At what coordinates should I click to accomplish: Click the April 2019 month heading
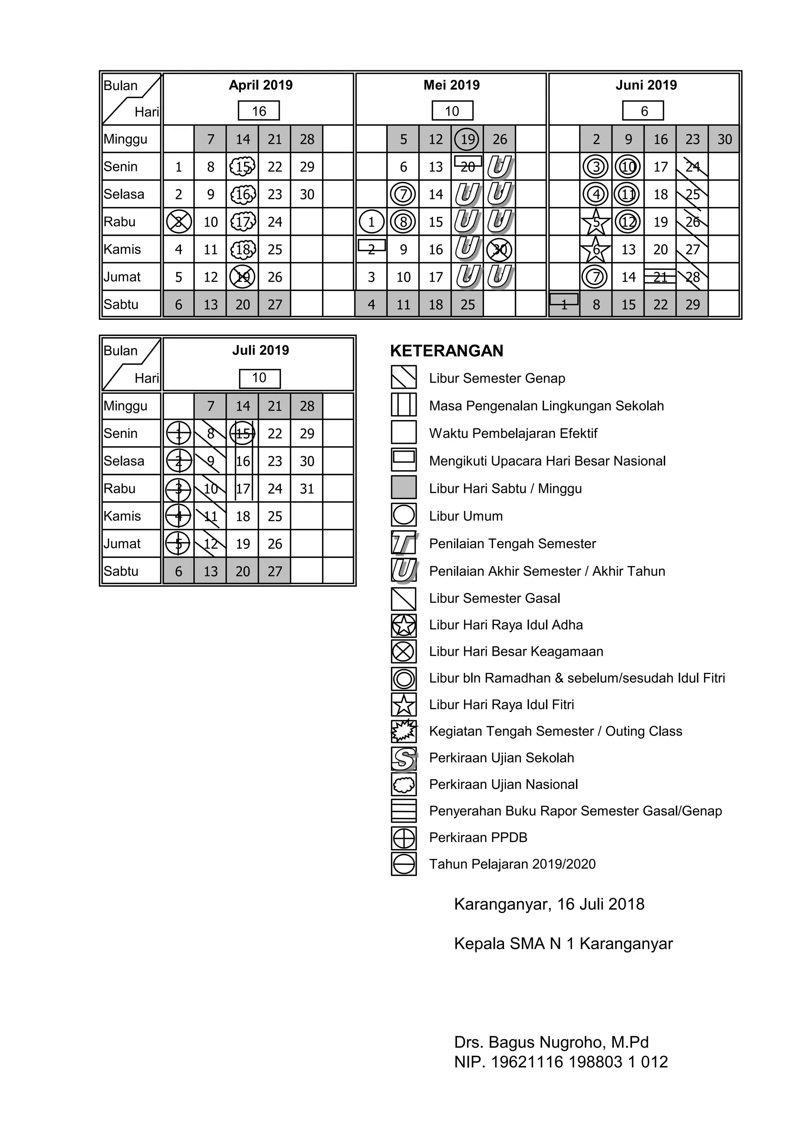(x=260, y=85)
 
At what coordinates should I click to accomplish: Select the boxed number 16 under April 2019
(x=259, y=111)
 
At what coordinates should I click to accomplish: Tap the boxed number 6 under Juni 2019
(x=643, y=111)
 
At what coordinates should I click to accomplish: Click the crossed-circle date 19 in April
(x=243, y=277)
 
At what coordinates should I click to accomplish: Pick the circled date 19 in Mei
(x=467, y=139)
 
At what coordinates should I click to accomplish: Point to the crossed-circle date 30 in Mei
(x=499, y=250)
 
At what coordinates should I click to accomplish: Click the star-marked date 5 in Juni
(x=596, y=222)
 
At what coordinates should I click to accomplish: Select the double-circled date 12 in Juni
(x=628, y=222)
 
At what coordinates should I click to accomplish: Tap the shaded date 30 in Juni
(x=724, y=139)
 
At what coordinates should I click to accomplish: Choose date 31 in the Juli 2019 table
(x=307, y=489)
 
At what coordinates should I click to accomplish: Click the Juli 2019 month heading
(x=260, y=350)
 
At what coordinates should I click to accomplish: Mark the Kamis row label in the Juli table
(x=122, y=516)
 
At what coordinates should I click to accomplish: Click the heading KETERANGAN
(x=447, y=351)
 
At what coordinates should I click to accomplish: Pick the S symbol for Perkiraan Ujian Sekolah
(x=404, y=758)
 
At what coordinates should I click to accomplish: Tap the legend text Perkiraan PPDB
(x=478, y=838)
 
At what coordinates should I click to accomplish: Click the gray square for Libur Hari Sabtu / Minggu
(x=404, y=488)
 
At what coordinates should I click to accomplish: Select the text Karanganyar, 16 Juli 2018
(x=549, y=904)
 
